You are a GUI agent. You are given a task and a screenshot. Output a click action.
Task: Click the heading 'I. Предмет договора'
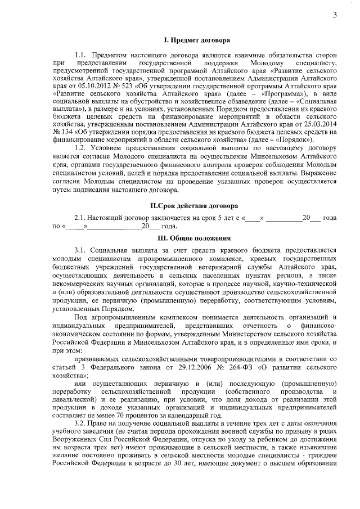[196, 40]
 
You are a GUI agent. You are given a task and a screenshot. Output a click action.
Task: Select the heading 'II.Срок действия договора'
[196, 205]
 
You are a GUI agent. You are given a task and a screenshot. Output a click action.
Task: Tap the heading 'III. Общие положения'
[196, 238]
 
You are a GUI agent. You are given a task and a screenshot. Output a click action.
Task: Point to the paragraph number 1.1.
[80, 56]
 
